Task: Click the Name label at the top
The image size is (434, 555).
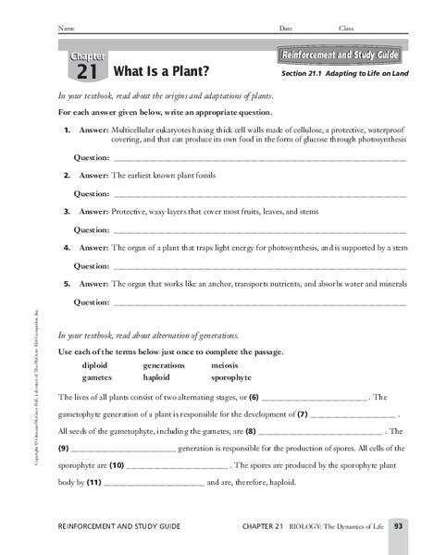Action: (x=66, y=29)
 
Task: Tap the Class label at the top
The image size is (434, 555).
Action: (x=345, y=29)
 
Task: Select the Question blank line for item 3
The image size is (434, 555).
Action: (x=258, y=229)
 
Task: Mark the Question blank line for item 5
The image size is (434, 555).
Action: (x=258, y=302)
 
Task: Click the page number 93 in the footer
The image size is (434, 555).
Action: (x=397, y=527)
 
